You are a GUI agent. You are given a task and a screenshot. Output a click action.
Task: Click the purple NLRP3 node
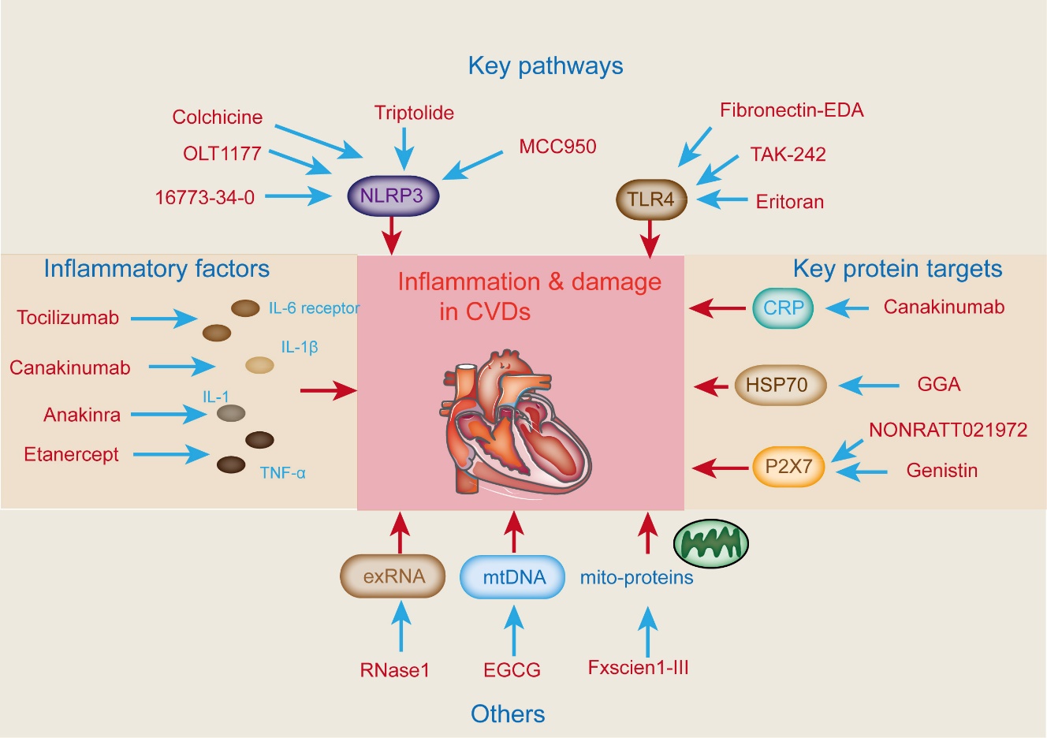[392, 196]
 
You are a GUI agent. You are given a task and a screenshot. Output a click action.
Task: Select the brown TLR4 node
[650, 199]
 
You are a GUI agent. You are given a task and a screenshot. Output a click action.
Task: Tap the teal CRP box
[783, 307]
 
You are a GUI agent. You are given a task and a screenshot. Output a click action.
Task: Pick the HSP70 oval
[777, 385]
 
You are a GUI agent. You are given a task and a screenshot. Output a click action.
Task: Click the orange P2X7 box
[788, 467]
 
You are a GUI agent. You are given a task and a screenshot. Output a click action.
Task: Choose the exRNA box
[393, 576]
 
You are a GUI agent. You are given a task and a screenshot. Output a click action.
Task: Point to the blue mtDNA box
[514, 576]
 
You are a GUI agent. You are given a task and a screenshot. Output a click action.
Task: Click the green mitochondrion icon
[710, 543]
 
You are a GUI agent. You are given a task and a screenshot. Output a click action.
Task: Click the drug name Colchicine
[217, 117]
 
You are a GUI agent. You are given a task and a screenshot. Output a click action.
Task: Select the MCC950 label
[557, 147]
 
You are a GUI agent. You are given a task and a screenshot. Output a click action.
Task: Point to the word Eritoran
[789, 202]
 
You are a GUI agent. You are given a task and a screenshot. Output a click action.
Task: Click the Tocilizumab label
[68, 318]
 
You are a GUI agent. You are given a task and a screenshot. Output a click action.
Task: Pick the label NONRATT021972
[948, 430]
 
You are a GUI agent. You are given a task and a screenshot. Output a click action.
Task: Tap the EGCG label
[512, 670]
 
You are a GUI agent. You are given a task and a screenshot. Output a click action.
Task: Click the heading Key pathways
[545, 65]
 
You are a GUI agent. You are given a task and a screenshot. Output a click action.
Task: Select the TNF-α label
[282, 473]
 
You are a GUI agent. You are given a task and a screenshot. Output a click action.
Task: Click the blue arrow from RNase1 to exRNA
[401, 626]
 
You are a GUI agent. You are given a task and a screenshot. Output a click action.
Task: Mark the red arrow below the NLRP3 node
[392, 235]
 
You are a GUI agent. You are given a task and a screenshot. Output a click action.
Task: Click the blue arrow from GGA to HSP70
[869, 386]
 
